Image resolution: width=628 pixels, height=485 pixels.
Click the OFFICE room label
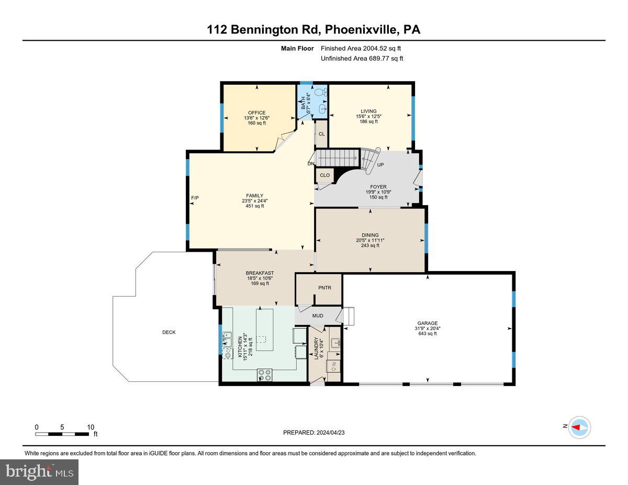(256, 113)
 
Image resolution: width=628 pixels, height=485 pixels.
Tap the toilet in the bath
(324, 92)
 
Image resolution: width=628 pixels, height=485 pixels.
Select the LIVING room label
(369, 111)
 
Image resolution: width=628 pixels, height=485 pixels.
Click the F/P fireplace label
(195, 197)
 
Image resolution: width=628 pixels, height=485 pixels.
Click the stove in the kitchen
(265, 375)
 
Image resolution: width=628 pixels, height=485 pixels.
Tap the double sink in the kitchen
(227, 341)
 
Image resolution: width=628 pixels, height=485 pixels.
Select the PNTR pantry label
(324, 288)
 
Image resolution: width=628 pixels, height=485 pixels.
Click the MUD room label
(318, 315)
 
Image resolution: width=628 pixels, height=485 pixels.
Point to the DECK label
(169, 332)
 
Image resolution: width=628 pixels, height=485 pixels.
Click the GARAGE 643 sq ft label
(427, 333)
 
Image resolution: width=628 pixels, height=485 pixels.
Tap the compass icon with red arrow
(580, 427)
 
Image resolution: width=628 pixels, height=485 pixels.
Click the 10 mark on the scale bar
(91, 427)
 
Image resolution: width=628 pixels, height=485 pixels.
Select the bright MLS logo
(39, 472)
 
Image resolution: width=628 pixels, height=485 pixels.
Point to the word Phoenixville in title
(361, 30)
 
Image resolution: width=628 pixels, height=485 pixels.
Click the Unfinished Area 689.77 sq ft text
(362, 59)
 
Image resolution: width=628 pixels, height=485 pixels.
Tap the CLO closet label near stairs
(324, 175)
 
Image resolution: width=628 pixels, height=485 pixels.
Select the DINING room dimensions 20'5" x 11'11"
(369, 240)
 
